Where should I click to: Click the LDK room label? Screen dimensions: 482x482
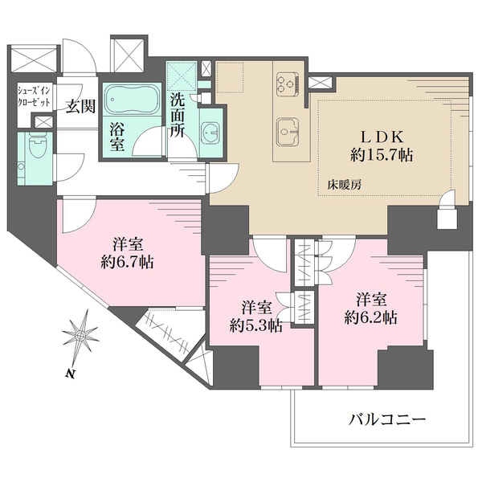point(382,137)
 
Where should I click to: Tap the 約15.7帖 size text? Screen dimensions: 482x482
point(382,155)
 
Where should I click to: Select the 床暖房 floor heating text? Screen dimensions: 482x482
point(345,185)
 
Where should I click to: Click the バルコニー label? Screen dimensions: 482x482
point(387,419)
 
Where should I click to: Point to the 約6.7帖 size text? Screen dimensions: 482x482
point(127,262)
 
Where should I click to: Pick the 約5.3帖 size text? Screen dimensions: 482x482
point(256,325)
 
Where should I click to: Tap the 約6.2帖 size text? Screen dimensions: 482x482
point(370,317)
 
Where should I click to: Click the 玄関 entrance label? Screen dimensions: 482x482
point(81,106)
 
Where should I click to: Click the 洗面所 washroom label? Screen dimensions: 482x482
point(178,115)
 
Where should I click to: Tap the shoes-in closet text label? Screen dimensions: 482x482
point(34,96)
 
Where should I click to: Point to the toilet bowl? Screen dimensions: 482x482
point(37,145)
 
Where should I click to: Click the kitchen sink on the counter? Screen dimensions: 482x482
point(288,132)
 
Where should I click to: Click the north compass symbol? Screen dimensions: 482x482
point(80,336)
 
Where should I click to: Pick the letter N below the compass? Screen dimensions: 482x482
point(71,374)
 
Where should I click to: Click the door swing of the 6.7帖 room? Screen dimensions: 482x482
point(79,216)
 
